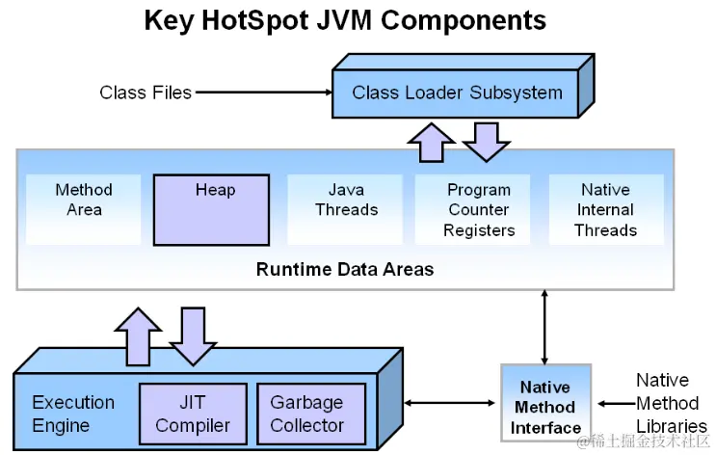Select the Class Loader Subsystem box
click(x=456, y=94)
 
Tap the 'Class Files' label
click(x=146, y=93)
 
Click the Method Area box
click(x=84, y=200)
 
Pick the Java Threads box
click(x=346, y=200)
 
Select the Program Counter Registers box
click(x=479, y=209)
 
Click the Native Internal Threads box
click(x=605, y=209)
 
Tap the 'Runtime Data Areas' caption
click(x=345, y=269)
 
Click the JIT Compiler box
click(x=193, y=414)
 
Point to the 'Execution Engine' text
click(x=73, y=414)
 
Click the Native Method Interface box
click(x=545, y=407)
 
